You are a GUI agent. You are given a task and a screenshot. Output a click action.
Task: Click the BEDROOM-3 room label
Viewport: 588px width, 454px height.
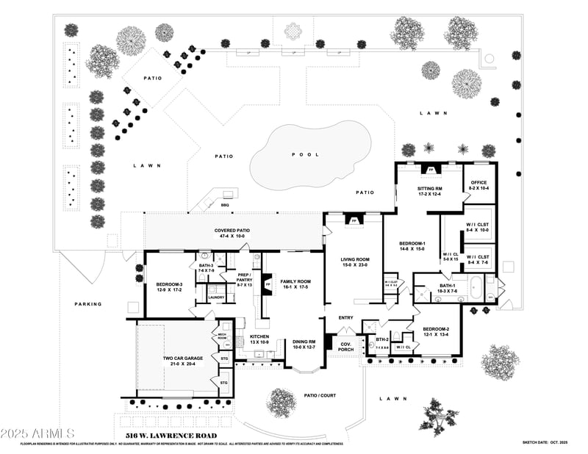[x=168, y=287]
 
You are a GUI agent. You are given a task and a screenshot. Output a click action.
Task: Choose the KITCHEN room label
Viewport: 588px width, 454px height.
[x=260, y=339]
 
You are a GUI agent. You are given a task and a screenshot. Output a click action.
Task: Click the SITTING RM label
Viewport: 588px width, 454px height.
[x=429, y=191]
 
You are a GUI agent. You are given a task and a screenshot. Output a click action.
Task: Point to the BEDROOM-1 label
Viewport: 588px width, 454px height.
[x=412, y=246]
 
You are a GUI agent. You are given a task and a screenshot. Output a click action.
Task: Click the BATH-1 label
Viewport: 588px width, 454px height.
[x=448, y=288]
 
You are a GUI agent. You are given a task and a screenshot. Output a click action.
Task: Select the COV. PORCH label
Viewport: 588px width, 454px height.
[x=345, y=347]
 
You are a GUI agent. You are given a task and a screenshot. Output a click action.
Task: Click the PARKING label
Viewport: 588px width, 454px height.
[x=88, y=303]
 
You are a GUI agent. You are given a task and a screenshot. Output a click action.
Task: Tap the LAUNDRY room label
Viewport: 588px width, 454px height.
[x=216, y=298]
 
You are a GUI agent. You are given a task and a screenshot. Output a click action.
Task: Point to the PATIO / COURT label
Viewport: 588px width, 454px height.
[x=320, y=395]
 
